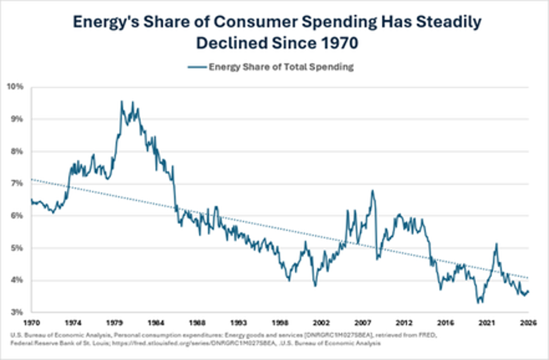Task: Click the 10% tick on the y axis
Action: coord(17,87)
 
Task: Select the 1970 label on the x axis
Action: coord(34,322)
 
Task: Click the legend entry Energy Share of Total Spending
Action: coord(281,67)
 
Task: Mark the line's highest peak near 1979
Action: coord(122,101)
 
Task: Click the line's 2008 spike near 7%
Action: coord(372,191)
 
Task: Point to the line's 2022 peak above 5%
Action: coord(496,244)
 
